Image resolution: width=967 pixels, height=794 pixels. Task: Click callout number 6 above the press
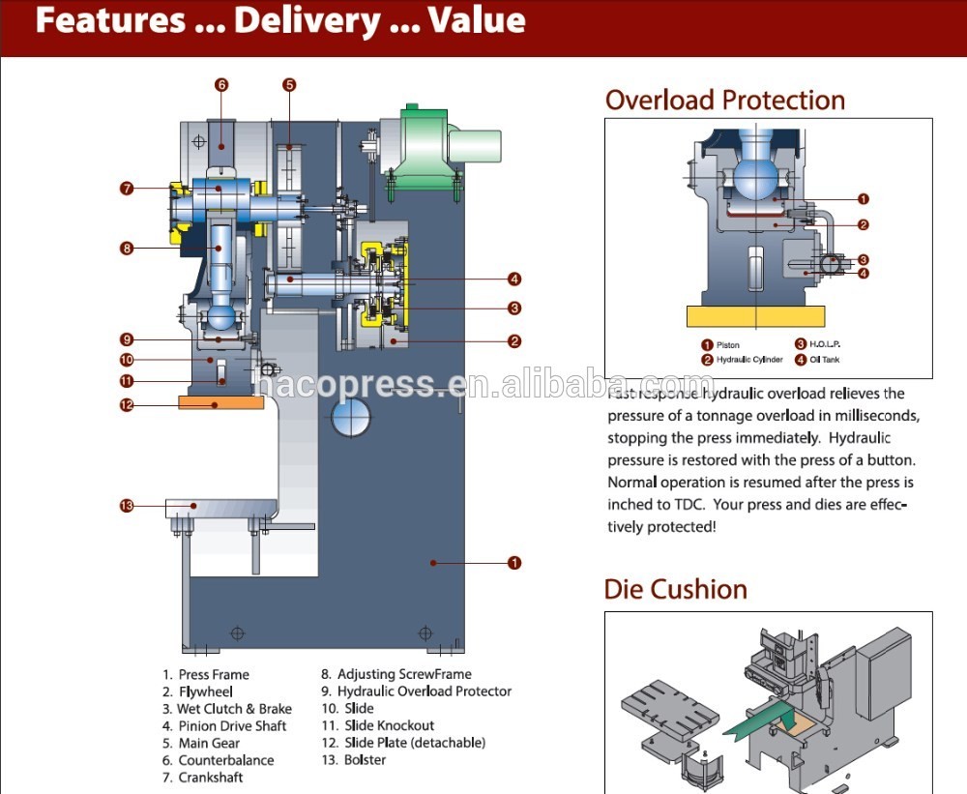click(x=221, y=85)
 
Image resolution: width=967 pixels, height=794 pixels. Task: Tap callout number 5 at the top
click(x=289, y=85)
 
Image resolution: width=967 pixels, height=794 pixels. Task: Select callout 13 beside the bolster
click(x=126, y=505)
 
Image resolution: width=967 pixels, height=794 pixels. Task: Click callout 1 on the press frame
click(x=514, y=562)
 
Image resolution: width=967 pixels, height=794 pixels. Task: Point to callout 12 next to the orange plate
click(x=126, y=404)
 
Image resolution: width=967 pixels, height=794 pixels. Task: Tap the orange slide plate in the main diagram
click(x=220, y=401)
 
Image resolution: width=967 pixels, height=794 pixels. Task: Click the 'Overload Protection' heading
click(x=724, y=101)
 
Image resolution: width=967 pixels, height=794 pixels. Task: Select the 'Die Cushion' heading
click(x=675, y=589)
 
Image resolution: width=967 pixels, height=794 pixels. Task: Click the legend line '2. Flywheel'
click(x=197, y=691)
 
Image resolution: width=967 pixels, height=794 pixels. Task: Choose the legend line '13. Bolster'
click(x=353, y=760)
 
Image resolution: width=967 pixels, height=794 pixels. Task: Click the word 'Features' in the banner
click(x=110, y=21)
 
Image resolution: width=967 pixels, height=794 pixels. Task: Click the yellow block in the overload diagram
click(x=755, y=316)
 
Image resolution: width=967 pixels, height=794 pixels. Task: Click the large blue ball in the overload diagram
click(x=756, y=178)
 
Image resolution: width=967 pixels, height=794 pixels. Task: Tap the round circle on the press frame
click(x=351, y=418)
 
